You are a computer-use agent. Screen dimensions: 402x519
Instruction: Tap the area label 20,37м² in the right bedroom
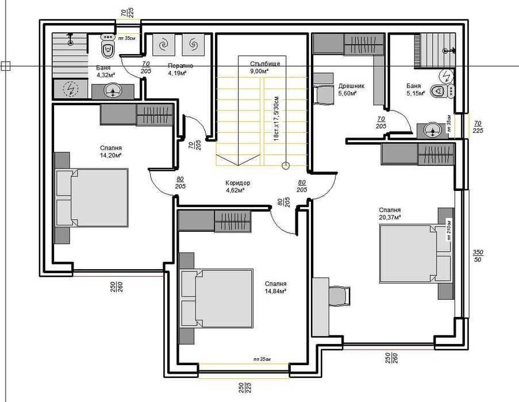point(389,217)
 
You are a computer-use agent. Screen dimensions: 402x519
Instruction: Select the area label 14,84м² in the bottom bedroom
point(276,291)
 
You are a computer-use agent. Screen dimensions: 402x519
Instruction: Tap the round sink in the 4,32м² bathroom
point(113,91)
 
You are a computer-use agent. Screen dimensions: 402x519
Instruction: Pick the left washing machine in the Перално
point(164,44)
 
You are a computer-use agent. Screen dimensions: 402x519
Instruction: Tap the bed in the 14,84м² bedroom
point(217,298)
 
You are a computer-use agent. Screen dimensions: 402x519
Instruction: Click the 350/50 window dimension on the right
point(478,256)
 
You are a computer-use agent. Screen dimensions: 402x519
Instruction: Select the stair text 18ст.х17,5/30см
point(276,118)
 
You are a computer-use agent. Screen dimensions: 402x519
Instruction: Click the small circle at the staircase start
point(285,166)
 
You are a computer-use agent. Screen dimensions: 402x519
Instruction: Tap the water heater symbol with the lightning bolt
point(70,89)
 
